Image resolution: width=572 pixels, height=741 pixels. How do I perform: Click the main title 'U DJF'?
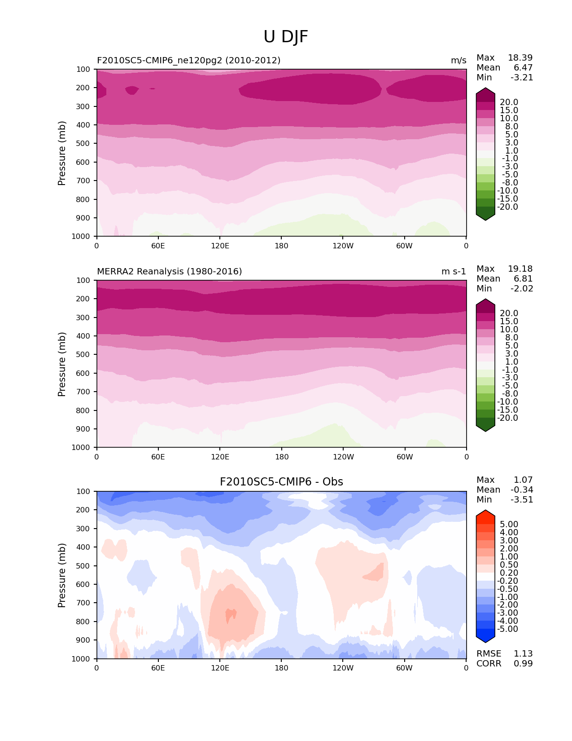pos(286,37)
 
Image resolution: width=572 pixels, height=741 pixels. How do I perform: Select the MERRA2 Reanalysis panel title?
pos(169,272)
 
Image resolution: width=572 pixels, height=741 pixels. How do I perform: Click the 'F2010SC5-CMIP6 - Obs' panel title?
pos(281,482)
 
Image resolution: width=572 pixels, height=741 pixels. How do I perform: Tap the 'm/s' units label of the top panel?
pos(458,61)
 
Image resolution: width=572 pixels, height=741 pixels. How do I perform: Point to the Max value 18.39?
pos(520,58)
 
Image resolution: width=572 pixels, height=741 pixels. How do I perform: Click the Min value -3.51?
pos(522,500)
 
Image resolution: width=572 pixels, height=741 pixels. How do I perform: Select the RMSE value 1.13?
pos(523,654)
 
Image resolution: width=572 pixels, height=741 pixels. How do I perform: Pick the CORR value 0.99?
pos(523,664)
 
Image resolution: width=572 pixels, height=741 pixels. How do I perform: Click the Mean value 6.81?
pos(523,279)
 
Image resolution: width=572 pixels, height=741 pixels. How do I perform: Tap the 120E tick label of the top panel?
pos(220,246)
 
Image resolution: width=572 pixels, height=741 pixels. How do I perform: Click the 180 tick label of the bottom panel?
pos(281,668)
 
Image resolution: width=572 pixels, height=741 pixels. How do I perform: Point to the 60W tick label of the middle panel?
pos(405,457)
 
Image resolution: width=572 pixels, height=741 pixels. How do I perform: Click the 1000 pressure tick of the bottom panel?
pos(81,659)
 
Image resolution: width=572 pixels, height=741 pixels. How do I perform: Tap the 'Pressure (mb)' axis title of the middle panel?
pos(62,364)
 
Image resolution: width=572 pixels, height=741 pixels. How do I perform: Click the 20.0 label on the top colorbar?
pos(509,102)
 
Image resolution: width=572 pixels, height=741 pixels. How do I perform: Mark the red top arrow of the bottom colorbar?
pos(485,514)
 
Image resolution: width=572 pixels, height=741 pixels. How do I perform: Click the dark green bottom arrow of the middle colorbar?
pos(485,428)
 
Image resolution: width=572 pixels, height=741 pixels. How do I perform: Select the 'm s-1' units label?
pos(454,272)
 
